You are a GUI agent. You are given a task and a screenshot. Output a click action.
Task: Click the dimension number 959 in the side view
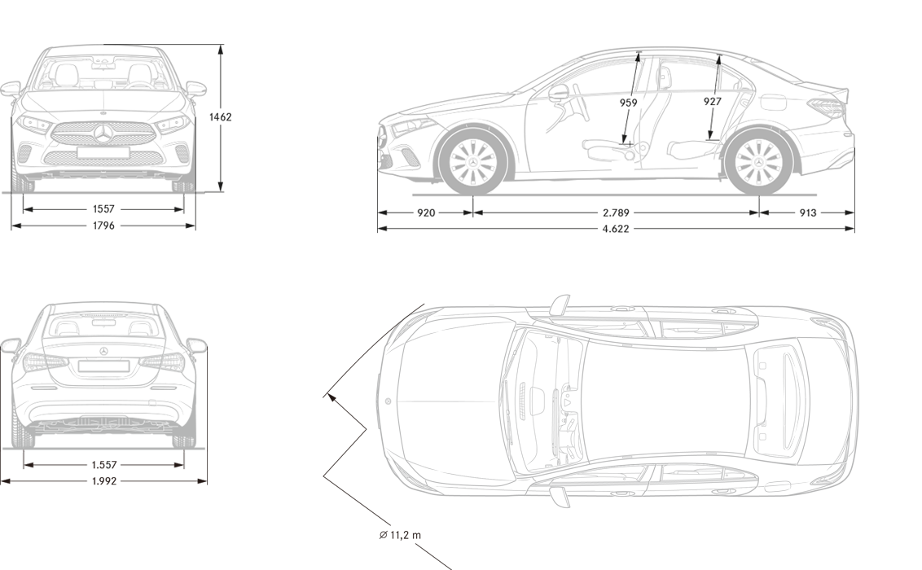coord(628,103)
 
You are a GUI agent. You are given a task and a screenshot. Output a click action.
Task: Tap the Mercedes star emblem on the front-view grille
coord(105,134)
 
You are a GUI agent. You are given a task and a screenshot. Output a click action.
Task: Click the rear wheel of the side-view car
coord(757,160)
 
